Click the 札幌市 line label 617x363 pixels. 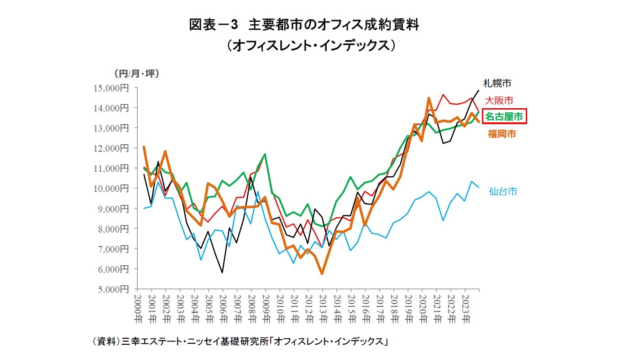[497, 83]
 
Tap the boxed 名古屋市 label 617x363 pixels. [503, 116]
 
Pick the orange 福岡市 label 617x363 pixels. [502, 134]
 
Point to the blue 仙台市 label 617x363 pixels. [503, 191]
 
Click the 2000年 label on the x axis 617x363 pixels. [137, 308]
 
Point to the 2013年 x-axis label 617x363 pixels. [323, 308]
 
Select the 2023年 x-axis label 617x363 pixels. [465, 308]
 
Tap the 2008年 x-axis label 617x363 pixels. [251, 308]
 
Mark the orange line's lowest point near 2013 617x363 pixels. [322, 274]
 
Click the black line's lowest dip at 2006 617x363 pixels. [222, 273]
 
